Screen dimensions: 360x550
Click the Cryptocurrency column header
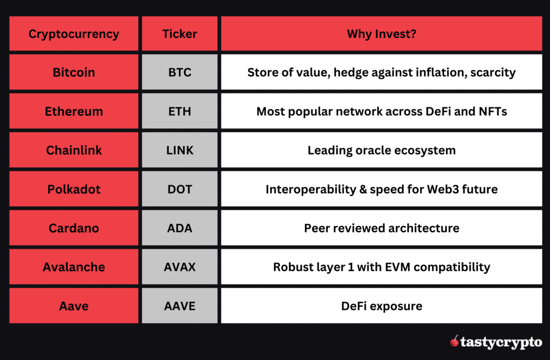(x=74, y=34)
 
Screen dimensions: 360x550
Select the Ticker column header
(x=179, y=34)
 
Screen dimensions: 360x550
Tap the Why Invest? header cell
(x=381, y=34)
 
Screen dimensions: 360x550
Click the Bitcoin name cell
(x=74, y=72)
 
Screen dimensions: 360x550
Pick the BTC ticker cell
(x=179, y=72)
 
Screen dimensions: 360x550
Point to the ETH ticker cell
(x=179, y=111)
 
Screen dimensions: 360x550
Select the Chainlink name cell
(x=74, y=150)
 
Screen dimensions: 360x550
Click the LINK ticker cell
(x=179, y=150)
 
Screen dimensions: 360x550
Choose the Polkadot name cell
(x=74, y=189)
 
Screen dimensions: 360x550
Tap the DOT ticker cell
(x=179, y=189)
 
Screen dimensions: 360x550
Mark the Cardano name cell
(x=74, y=228)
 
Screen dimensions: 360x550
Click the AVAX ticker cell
(x=179, y=267)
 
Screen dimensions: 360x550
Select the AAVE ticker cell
(x=179, y=306)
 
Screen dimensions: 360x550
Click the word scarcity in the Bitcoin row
(x=493, y=72)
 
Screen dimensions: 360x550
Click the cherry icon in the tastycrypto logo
(x=454, y=341)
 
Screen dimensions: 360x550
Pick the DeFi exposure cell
(x=381, y=306)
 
